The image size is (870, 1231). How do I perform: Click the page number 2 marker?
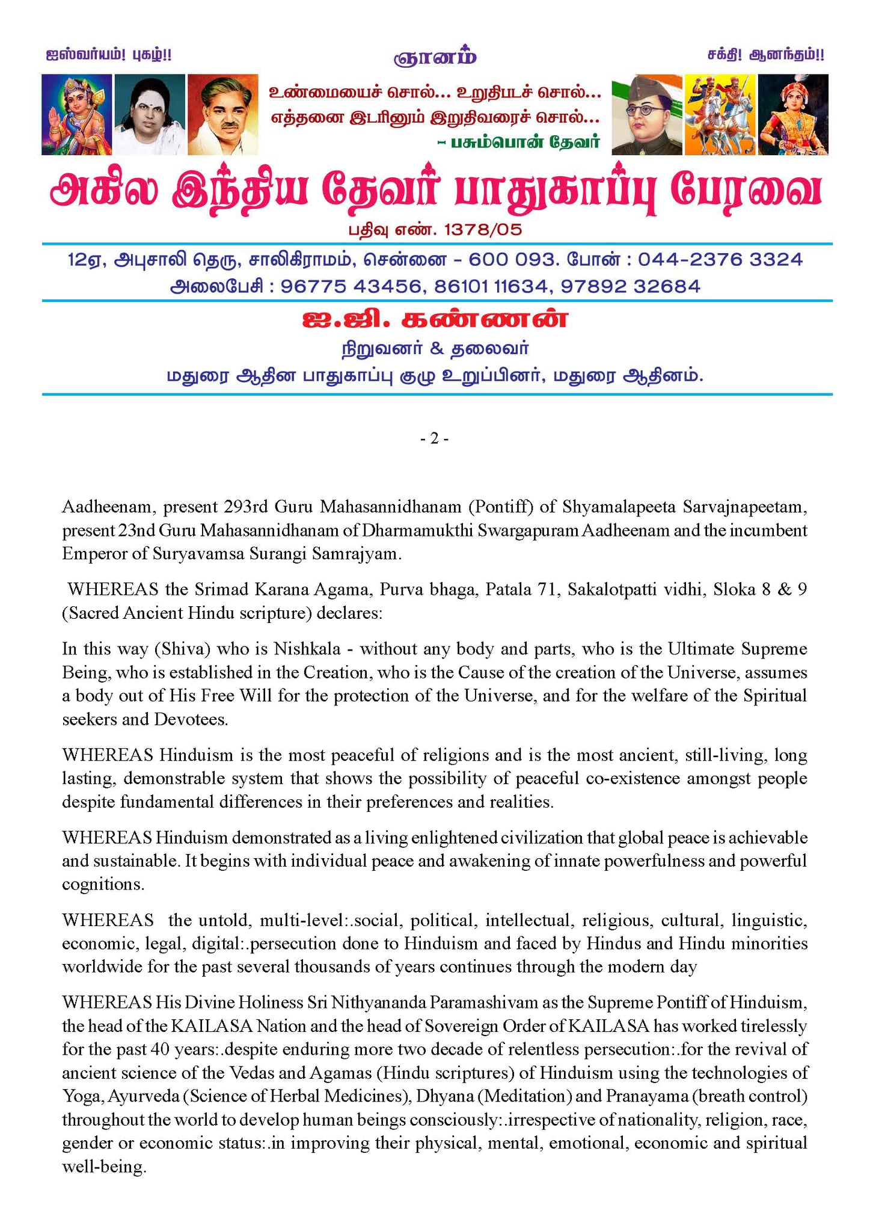point(434,439)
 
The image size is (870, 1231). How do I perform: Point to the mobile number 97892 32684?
point(631,286)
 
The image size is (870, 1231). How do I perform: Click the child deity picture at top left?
point(76,114)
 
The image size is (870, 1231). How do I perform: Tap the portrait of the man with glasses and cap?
point(647,114)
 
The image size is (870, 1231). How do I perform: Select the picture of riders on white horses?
point(720,114)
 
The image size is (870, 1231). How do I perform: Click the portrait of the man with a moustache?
point(222,114)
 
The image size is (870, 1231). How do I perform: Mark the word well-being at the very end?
point(103,1167)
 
